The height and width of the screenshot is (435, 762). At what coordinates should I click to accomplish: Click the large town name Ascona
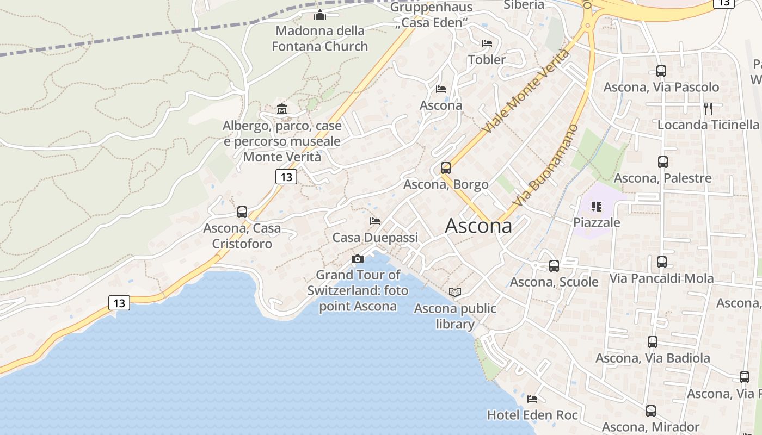click(478, 226)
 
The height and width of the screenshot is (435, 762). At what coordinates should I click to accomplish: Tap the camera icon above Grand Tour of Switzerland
click(358, 259)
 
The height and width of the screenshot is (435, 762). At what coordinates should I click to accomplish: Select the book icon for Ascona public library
click(455, 293)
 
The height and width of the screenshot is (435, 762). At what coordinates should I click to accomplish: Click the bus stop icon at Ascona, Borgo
click(446, 168)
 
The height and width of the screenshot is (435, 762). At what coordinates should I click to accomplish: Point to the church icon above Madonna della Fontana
click(320, 15)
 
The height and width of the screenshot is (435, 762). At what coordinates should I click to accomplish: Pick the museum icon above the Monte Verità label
click(282, 109)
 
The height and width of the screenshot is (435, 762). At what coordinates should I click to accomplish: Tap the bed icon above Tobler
click(487, 43)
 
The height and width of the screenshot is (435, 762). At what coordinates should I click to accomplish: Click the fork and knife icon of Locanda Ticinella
click(708, 108)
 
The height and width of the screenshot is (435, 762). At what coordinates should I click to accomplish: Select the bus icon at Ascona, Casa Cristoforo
click(242, 212)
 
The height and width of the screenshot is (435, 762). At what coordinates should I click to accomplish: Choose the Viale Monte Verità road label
click(526, 91)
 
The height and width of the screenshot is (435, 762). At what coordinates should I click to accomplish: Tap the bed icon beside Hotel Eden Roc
click(532, 399)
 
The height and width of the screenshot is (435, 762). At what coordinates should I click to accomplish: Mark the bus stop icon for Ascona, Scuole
click(554, 266)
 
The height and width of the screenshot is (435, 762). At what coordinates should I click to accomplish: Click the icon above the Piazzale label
click(597, 207)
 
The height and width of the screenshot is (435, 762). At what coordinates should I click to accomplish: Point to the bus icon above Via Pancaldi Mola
click(662, 262)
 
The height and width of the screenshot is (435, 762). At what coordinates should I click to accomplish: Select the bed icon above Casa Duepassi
click(375, 221)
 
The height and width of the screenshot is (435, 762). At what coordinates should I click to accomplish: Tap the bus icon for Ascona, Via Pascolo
click(661, 71)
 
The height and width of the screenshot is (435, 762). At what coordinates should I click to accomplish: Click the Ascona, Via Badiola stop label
click(653, 358)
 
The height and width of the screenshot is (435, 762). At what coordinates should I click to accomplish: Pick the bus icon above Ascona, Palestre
click(662, 162)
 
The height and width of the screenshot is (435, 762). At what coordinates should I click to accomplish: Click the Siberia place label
click(524, 5)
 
